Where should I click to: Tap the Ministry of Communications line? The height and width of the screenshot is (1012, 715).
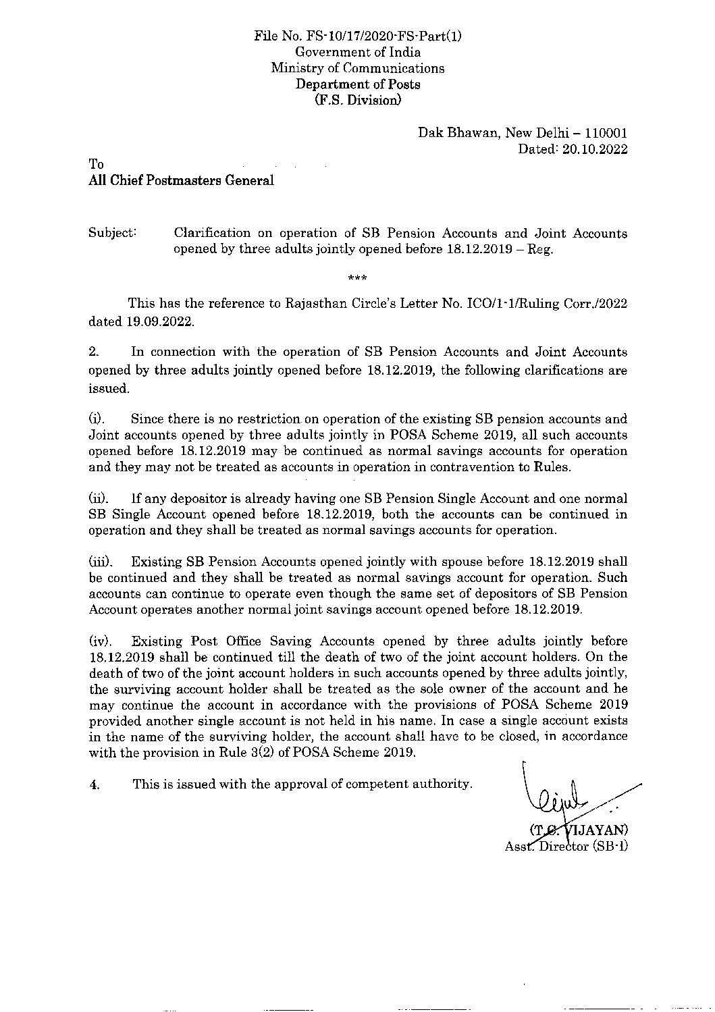click(358, 68)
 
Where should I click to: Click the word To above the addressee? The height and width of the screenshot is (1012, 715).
click(97, 165)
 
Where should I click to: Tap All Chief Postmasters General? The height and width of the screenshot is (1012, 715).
click(182, 180)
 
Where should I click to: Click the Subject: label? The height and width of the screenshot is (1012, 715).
click(113, 234)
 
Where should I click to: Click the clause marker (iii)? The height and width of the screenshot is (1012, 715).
click(101, 562)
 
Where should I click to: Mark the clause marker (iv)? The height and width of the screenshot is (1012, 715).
click(101, 641)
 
